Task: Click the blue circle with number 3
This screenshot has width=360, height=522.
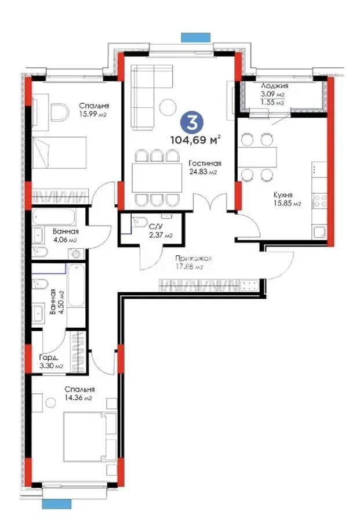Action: pos(189,122)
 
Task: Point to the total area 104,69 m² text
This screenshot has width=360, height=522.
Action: pos(195,139)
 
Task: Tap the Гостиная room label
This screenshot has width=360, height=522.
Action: pos(202,163)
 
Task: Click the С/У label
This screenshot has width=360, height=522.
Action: pos(155,226)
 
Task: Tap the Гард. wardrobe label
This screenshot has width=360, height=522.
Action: pos(47,358)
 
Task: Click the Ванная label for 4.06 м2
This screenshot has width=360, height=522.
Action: pos(65,231)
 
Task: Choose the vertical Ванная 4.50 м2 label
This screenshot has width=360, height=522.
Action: pos(53,302)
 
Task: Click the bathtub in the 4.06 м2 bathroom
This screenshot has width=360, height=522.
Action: pos(57,217)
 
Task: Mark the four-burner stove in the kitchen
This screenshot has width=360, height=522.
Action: pos(320,201)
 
